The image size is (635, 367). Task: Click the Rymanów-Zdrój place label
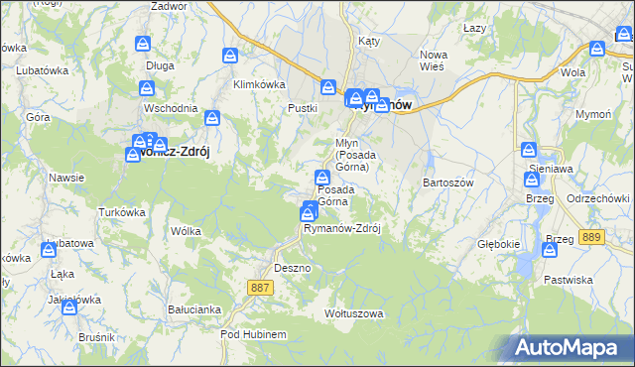tap(342, 228)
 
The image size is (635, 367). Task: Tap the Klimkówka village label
tap(259, 84)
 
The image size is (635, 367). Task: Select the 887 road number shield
tap(260, 287)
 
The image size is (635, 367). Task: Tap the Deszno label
tap(293, 268)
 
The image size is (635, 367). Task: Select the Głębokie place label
tap(498, 244)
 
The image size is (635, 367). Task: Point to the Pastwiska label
tap(568, 280)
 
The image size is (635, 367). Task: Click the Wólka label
tap(186, 231)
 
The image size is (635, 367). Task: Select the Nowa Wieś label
tap(434, 61)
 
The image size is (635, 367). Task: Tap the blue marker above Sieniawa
tap(529, 152)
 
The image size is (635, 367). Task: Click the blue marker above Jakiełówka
tap(69, 308)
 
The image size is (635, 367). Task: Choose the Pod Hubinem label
tap(253, 335)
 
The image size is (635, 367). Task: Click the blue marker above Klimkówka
tap(231, 58)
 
